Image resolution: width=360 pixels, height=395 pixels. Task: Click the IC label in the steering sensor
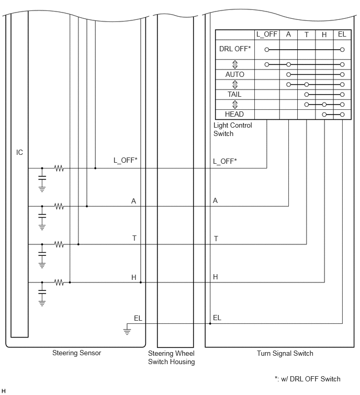19,152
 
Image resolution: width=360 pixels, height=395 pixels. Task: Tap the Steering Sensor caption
76,353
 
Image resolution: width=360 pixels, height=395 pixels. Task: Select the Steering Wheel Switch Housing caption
171,357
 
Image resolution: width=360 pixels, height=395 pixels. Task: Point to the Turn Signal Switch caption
285,353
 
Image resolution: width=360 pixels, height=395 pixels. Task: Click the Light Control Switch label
232,129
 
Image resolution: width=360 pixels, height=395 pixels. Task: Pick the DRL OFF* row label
235,49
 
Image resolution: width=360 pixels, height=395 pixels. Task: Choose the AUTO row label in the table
235,74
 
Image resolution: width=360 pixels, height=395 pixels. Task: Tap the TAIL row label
234,94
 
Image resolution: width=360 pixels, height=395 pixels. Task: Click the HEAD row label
234,114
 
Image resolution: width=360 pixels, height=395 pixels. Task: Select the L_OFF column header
267,34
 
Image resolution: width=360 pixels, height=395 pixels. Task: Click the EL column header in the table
342,34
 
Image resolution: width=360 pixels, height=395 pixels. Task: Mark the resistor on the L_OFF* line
59,168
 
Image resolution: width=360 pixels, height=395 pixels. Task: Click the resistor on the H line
59,283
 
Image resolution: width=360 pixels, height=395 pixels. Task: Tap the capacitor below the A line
42,216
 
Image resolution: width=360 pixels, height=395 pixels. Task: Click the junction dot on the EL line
210,323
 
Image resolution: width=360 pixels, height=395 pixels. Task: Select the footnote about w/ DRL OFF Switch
307,379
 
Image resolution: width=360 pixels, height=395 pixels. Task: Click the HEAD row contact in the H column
324,115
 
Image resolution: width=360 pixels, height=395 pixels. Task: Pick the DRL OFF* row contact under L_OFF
266,50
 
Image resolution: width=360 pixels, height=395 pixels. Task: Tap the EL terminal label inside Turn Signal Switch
217,318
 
